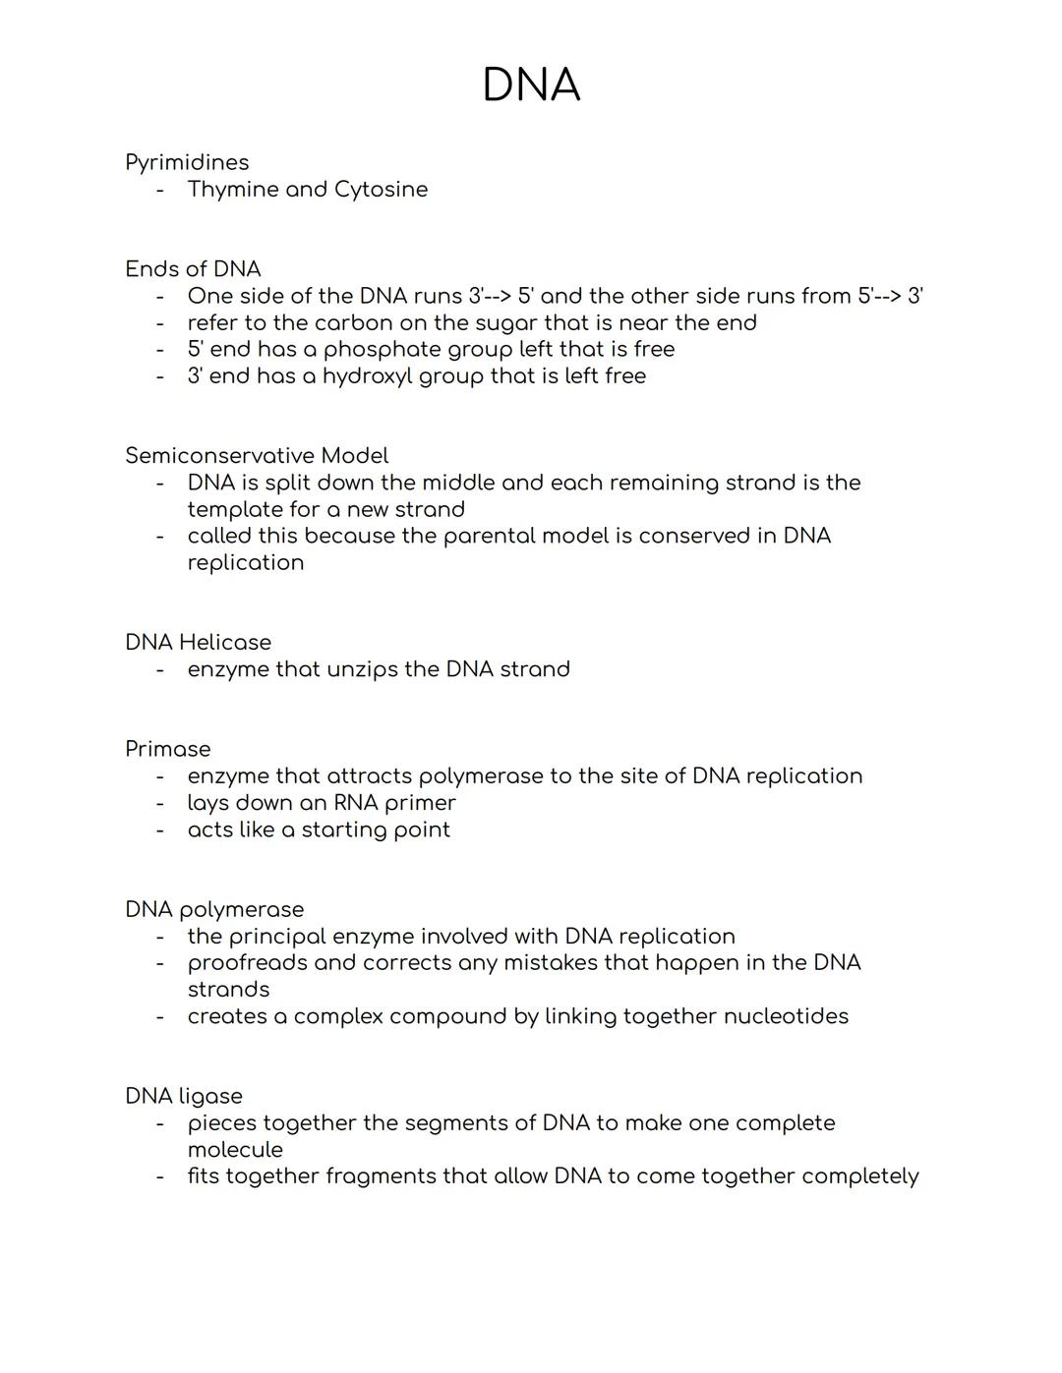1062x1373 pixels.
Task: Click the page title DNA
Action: (531, 86)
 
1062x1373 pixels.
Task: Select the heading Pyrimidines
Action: (187, 163)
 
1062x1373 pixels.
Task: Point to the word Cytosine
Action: (381, 190)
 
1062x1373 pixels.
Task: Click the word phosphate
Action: (382, 350)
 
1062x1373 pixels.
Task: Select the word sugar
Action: (515, 323)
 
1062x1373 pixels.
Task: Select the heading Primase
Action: (167, 749)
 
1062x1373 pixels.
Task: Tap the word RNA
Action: (356, 803)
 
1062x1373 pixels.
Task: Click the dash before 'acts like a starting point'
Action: (159, 830)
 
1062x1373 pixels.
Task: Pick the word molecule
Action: (235, 1150)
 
